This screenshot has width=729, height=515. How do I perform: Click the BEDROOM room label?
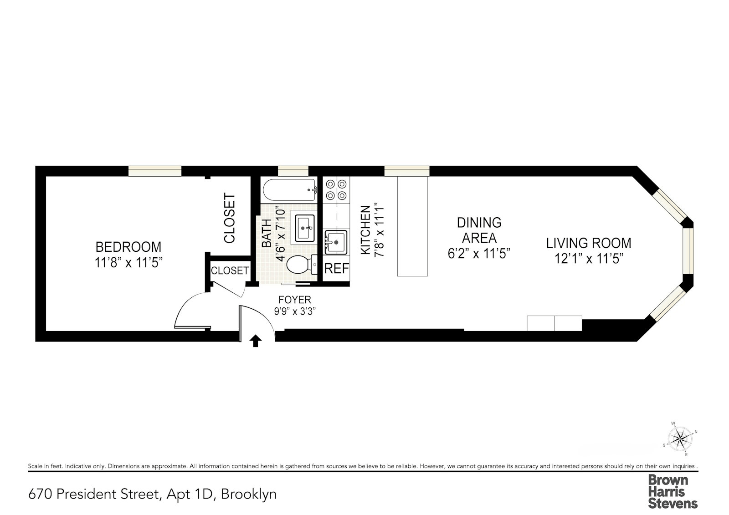[x=128, y=247]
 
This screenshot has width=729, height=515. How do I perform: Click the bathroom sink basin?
[x=305, y=228]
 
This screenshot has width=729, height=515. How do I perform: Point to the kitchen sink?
[x=336, y=242]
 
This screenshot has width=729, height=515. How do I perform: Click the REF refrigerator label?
[x=337, y=269]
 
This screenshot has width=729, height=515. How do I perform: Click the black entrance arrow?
[x=256, y=341]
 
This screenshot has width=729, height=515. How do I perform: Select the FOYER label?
[x=295, y=299]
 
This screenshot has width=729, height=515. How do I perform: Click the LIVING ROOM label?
[x=589, y=243]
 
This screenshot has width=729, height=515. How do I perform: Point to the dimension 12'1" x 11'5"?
[x=589, y=259]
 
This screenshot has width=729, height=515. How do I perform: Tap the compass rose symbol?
[x=680, y=438]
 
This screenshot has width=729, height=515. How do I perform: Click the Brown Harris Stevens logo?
[x=673, y=491]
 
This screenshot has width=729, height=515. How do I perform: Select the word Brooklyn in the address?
[x=249, y=494]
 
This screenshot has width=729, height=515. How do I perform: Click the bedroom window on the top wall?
[x=155, y=171]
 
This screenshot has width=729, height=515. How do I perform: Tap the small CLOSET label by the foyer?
[x=230, y=270]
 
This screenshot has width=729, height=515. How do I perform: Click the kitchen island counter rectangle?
[x=413, y=226]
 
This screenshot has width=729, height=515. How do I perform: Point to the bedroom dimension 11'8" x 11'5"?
[x=128, y=262]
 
